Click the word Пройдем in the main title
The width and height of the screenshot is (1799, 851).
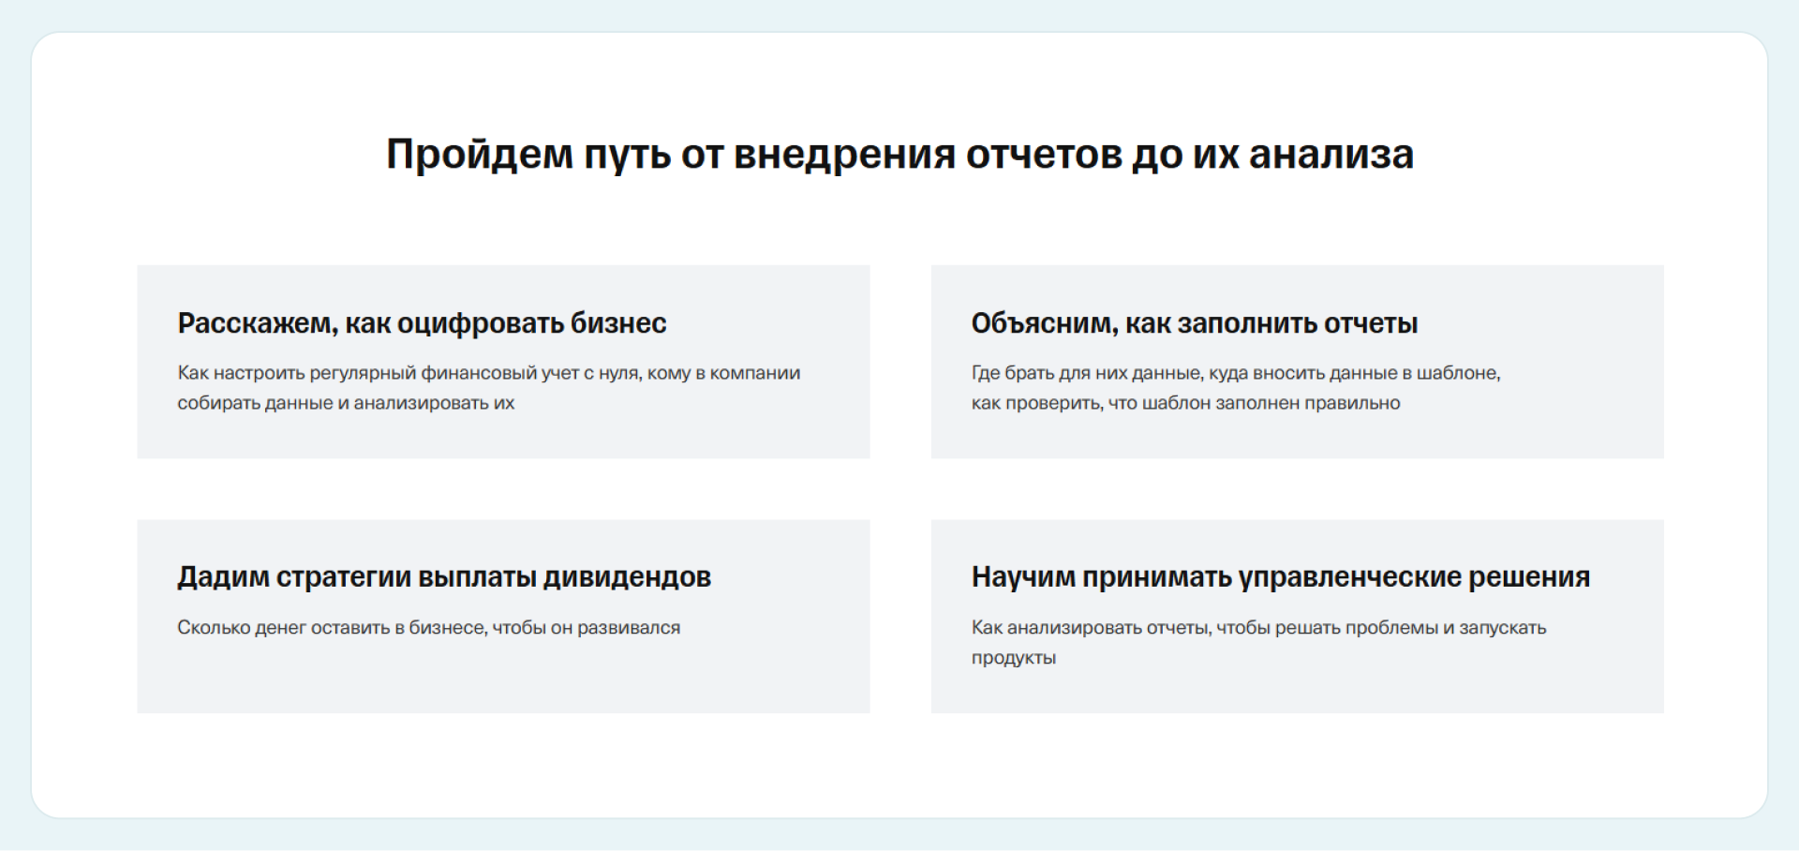coord(480,155)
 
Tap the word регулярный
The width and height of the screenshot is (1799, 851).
coord(363,373)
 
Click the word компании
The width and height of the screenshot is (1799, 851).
coord(755,373)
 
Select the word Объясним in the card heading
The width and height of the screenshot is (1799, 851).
coord(1045,323)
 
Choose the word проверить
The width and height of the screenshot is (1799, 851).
coord(1053,403)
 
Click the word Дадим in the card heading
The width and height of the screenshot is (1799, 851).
coord(223,577)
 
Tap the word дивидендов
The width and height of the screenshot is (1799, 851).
coord(627,577)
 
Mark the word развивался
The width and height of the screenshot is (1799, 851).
coord(629,628)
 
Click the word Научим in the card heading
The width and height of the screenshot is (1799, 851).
coord(1023,577)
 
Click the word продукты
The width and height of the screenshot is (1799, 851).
coord(1014,658)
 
